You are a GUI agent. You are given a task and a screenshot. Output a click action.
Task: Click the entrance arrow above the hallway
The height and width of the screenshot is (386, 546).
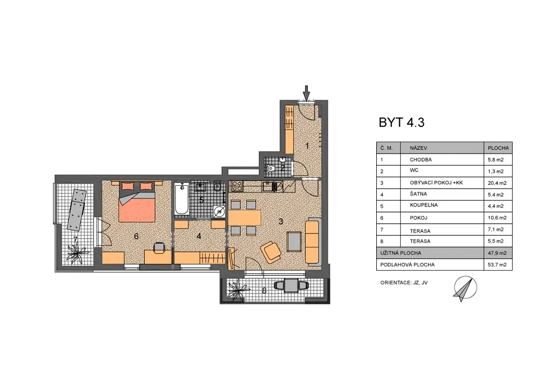(x=306, y=93)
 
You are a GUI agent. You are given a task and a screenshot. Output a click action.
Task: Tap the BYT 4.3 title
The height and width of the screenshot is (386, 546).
(x=401, y=122)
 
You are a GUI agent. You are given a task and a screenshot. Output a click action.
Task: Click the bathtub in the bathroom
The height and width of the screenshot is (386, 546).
(x=182, y=199)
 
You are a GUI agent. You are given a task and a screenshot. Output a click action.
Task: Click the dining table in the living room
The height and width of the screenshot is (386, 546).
(x=245, y=218)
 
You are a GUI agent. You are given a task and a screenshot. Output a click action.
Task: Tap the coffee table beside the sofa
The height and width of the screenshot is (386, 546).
(x=294, y=242)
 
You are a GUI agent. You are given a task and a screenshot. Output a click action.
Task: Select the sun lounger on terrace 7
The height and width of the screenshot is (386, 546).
(x=77, y=210)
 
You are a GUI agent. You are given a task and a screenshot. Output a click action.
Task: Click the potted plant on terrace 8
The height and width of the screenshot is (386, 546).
(x=238, y=289)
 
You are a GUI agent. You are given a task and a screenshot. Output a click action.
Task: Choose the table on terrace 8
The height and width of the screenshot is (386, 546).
(x=291, y=285)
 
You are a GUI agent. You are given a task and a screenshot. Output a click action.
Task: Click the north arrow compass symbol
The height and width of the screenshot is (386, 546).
(x=465, y=289)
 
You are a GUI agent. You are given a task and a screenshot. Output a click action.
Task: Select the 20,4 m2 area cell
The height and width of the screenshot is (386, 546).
(x=497, y=183)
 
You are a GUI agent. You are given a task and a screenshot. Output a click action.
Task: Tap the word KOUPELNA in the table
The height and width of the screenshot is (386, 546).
(x=424, y=205)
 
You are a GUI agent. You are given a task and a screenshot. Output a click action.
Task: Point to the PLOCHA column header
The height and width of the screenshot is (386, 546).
(x=498, y=148)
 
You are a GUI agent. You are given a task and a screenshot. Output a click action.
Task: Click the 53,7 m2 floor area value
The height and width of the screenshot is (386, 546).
(x=497, y=265)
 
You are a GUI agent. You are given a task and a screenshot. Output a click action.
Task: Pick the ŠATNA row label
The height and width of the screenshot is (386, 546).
(x=418, y=194)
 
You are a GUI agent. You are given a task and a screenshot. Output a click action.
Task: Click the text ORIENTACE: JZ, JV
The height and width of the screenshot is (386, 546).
(x=404, y=283)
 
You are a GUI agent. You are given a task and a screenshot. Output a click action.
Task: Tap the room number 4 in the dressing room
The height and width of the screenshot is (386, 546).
(x=199, y=236)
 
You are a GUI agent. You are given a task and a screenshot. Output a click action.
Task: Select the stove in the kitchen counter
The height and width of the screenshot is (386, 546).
(x=237, y=186)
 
